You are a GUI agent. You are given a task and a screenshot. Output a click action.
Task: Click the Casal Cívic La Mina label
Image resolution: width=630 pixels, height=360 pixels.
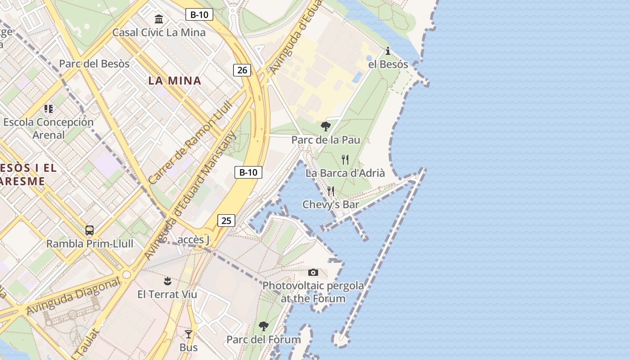(x=159, y=32)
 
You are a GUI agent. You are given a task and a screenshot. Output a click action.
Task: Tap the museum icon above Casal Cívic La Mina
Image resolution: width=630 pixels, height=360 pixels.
(x=159, y=19)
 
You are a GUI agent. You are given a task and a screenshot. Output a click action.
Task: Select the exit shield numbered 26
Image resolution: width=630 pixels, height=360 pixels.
(x=242, y=70)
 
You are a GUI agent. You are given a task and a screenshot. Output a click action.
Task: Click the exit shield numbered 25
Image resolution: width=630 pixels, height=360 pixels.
(x=226, y=220)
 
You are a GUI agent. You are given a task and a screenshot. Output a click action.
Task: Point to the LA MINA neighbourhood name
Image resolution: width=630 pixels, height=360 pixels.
(x=175, y=81)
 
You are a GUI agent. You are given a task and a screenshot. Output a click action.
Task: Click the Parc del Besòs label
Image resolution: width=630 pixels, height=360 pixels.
(x=94, y=63)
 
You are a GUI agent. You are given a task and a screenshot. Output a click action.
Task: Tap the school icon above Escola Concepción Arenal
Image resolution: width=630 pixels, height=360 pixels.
(x=49, y=109)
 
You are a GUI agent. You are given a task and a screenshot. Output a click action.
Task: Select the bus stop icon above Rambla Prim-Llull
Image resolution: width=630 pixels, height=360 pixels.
(x=90, y=230)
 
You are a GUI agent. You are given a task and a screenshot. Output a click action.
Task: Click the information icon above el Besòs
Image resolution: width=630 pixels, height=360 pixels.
(x=388, y=51)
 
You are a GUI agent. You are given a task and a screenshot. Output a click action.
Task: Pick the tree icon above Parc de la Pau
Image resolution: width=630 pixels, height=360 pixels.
(x=326, y=126)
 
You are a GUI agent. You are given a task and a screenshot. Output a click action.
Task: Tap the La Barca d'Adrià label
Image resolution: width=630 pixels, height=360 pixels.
(x=345, y=173)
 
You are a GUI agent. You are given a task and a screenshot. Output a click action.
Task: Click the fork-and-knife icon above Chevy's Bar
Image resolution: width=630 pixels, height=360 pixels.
(x=331, y=191)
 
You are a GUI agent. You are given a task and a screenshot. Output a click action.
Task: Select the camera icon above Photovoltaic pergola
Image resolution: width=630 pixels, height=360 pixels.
(x=313, y=272)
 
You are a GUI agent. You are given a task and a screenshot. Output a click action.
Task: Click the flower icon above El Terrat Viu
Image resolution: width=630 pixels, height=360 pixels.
(x=167, y=281)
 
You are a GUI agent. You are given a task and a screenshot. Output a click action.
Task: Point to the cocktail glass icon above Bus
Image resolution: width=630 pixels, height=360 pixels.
(x=189, y=334)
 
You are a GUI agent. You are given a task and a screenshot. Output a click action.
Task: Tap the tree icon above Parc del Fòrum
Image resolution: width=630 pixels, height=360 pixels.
(x=264, y=326)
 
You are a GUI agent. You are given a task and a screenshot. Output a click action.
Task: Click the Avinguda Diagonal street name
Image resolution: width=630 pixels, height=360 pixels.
(x=74, y=296)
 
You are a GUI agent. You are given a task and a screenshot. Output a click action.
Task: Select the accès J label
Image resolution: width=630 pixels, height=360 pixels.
(x=193, y=240)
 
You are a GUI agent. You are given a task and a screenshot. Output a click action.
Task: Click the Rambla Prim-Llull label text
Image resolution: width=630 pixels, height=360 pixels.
(x=90, y=244)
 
